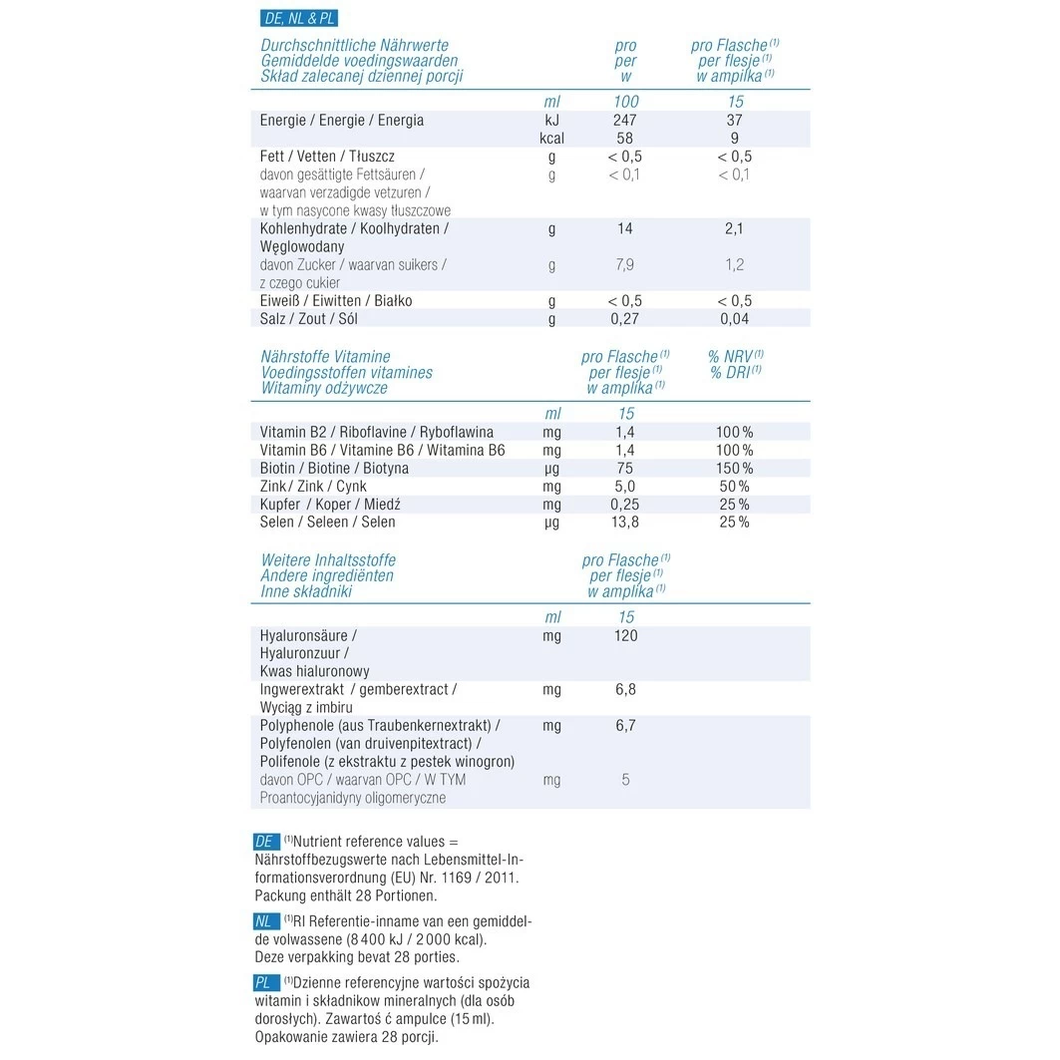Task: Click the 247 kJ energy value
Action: (625, 120)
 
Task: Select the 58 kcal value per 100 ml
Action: (625, 138)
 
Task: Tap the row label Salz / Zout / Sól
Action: (308, 319)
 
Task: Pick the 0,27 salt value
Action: (625, 319)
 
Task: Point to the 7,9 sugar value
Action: (625, 264)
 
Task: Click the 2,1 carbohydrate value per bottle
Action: (734, 228)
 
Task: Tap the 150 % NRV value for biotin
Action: (734, 468)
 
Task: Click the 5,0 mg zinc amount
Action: (625, 486)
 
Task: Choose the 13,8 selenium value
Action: (625, 522)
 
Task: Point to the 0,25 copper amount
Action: (625, 504)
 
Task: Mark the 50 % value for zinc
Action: (734, 486)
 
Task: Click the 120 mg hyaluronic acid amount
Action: (625, 635)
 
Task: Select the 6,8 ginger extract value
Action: (625, 689)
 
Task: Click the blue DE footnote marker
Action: (265, 842)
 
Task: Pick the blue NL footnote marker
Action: (265, 921)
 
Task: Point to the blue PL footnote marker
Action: (265, 983)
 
